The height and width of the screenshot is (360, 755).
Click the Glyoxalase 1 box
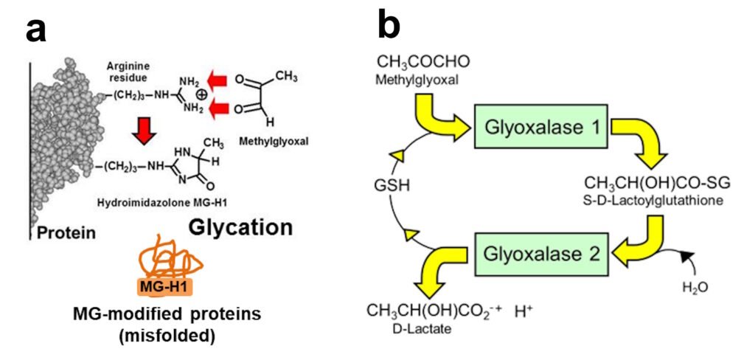[532, 128]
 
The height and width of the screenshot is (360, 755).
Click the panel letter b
[389, 28]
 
